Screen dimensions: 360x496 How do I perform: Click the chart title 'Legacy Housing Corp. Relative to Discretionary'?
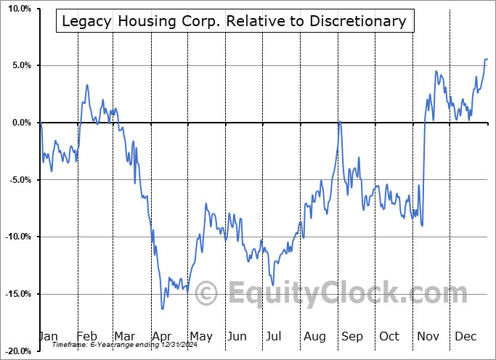[234, 21]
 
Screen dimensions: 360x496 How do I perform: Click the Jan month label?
[47, 336]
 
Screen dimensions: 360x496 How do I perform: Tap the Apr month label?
[160, 336]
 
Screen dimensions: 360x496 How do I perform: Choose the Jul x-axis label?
[275, 336]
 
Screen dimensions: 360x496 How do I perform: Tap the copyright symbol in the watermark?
[207, 294]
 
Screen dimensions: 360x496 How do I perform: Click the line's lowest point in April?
[163, 309]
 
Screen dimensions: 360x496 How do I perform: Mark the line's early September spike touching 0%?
[339, 123]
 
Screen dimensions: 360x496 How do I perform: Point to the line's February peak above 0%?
[87, 85]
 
